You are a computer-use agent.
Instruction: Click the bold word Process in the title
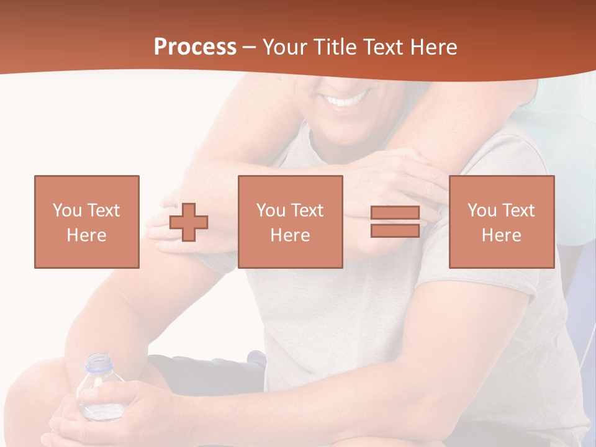point(195,47)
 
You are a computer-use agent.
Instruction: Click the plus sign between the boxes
point(189,222)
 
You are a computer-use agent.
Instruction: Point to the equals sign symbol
point(395,222)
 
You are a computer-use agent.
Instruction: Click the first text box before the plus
point(87,222)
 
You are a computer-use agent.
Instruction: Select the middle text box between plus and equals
point(290,222)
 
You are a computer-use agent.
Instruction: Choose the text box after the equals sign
point(502,222)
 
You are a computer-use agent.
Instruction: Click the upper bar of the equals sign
point(395,213)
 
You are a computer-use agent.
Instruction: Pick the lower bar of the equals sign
point(395,230)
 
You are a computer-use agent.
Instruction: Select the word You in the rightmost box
point(482,210)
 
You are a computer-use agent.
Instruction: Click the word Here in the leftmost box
point(87,235)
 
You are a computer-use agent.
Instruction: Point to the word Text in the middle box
point(308,210)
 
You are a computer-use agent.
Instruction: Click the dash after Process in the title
point(250,48)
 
